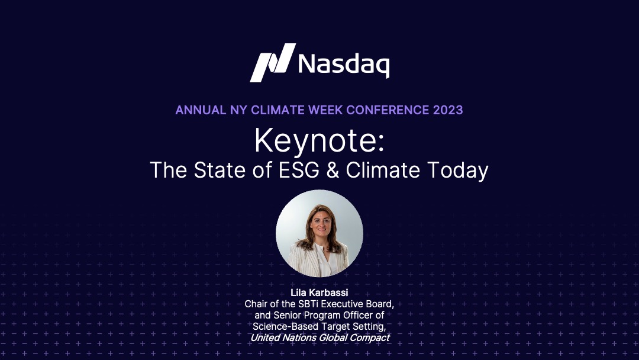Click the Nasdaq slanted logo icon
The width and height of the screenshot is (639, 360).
coord(272,63)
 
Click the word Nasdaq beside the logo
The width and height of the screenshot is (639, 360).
coord(344,65)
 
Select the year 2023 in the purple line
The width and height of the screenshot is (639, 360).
coord(448,110)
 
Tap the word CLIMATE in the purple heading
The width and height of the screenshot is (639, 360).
coord(277,110)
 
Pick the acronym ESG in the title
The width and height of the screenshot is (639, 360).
coord(299,170)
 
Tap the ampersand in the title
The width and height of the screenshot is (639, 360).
coord(333,170)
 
